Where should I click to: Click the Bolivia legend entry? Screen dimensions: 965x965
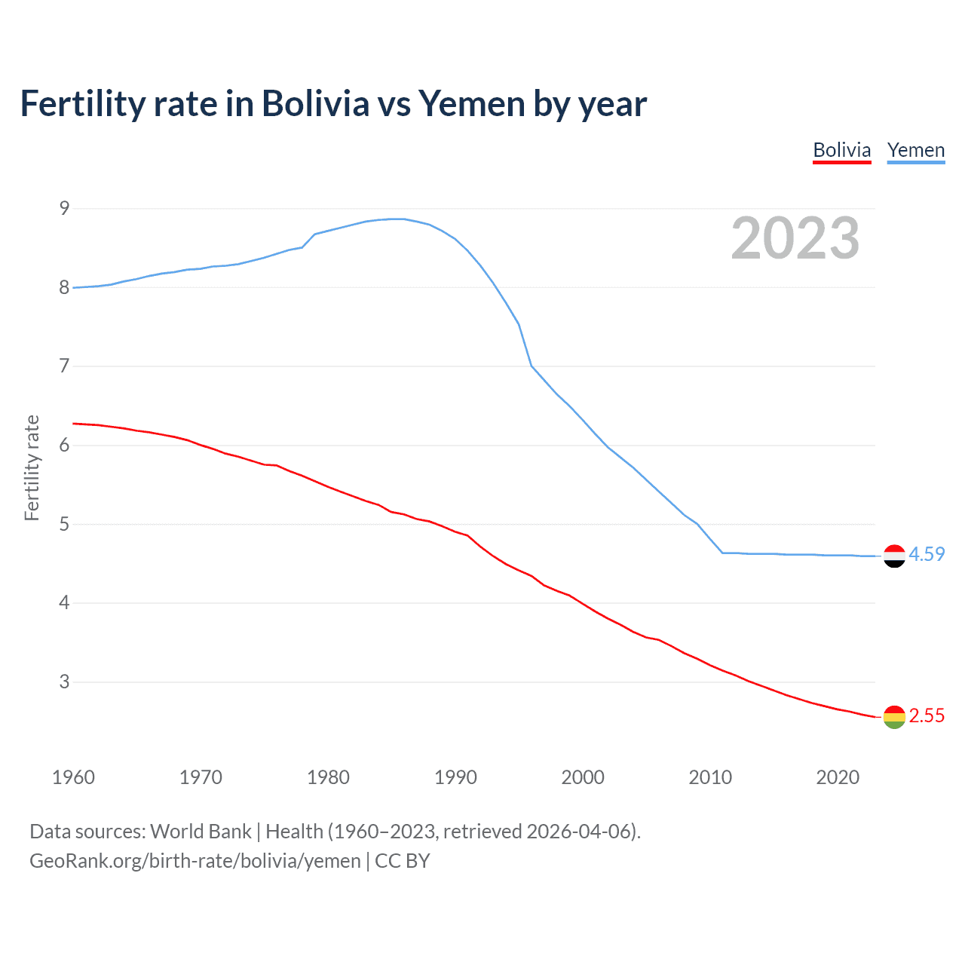tap(841, 150)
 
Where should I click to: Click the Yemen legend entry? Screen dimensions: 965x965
tap(915, 150)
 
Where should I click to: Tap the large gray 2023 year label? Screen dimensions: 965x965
tap(795, 238)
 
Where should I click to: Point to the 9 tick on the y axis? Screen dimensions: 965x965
tap(64, 208)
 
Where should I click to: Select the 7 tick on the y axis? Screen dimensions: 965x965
tap(64, 366)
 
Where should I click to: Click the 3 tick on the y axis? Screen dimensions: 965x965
tap(64, 682)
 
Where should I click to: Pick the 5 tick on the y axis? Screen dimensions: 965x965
tap(64, 524)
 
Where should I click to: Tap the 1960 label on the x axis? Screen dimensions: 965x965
tap(73, 777)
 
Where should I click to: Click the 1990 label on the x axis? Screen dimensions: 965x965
tap(455, 777)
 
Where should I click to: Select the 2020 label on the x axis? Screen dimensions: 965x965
tap(838, 777)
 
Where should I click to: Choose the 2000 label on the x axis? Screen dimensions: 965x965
tap(583, 777)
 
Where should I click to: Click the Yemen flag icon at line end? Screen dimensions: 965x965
tap(894, 556)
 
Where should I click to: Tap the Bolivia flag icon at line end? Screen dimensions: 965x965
tap(894, 717)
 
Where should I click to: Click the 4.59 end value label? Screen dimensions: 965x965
tap(927, 554)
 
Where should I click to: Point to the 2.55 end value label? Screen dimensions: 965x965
tap(927, 715)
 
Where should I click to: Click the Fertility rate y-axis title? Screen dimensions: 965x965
tap(32, 467)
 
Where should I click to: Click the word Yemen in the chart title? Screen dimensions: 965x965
tap(472, 103)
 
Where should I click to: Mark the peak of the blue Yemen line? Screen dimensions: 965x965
tap(398, 219)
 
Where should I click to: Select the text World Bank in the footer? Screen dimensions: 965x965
tap(201, 831)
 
